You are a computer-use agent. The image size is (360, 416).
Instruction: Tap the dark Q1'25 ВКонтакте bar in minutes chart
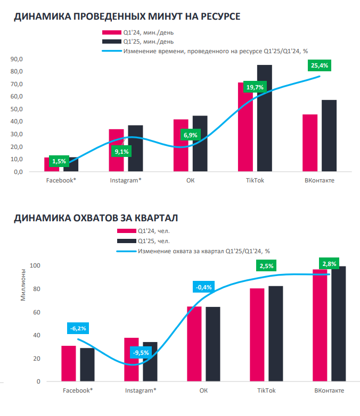[329, 136]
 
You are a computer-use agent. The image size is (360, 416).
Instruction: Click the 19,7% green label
[255, 87]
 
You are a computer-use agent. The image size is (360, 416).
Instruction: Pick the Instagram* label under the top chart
[126, 181]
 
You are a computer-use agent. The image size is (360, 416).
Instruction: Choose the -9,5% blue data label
[141, 352]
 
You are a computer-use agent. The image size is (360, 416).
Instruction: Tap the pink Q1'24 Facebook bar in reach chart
[68, 363]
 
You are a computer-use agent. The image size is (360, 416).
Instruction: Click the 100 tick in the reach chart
[35, 265]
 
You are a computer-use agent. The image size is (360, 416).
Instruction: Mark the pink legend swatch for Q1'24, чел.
[126, 231]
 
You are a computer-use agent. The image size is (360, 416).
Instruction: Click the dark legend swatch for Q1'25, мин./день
[111, 41]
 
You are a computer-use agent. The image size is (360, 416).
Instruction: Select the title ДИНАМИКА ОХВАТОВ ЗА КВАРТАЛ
[96, 218]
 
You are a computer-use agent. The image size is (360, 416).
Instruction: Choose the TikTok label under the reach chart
[266, 391]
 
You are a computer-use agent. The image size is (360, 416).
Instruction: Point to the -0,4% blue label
[203, 287]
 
